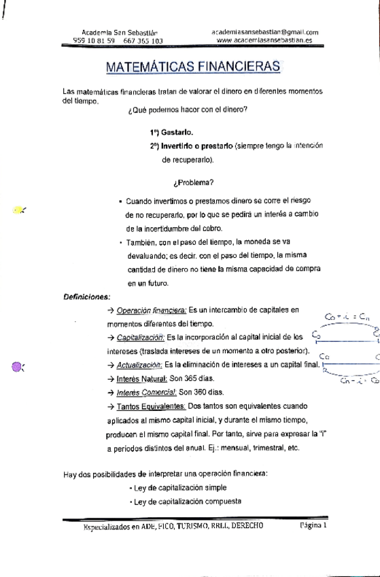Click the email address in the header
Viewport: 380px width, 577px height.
click(265, 32)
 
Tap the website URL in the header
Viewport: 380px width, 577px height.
click(265, 40)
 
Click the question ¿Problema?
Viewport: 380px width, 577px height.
click(194, 182)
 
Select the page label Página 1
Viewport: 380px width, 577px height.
click(313, 526)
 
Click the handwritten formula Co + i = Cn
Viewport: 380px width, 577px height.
click(347, 315)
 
